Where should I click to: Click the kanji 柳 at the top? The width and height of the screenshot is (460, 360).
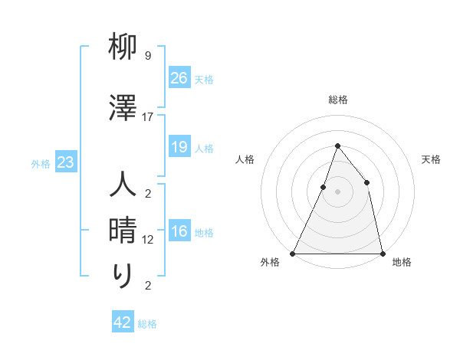(x=123, y=48)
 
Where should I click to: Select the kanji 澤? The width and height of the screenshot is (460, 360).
(x=123, y=107)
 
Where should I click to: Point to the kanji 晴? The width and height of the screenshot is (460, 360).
(x=123, y=231)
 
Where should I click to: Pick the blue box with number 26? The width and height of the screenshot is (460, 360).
(x=179, y=78)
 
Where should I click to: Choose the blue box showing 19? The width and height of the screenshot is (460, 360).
(x=179, y=148)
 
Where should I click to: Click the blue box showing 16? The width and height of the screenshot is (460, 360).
(x=179, y=232)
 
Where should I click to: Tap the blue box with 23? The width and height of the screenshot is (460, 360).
(x=65, y=163)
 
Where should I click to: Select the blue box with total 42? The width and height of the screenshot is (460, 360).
(x=123, y=322)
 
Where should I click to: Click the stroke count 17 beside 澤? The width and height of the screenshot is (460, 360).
(x=148, y=117)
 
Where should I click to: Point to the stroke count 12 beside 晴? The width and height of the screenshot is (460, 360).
(x=148, y=240)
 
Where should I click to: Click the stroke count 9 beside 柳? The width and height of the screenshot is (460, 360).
(x=148, y=56)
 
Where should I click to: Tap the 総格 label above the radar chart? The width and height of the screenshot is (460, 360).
(x=337, y=100)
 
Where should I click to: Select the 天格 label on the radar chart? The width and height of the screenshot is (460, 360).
(x=431, y=159)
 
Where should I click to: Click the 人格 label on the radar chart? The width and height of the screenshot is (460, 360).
(x=245, y=159)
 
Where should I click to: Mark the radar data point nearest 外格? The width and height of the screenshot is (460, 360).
(x=293, y=253)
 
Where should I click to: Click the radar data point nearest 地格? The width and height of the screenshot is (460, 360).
(x=382, y=253)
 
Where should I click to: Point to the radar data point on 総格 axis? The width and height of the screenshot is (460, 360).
(x=337, y=146)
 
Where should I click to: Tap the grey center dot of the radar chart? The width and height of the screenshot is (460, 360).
(x=337, y=191)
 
